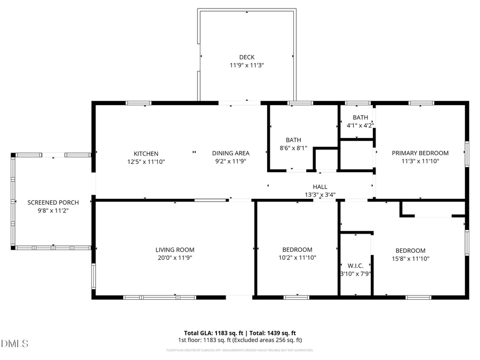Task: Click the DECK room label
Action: tap(246, 57)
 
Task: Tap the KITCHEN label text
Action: tap(146, 154)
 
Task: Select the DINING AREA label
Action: tap(230, 154)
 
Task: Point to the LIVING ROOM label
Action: tap(174, 250)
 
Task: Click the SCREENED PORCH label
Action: tap(53, 203)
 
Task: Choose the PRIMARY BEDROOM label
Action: tap(420, 153)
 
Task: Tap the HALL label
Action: tap(320, 187)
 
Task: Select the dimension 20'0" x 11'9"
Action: tap(174, 258)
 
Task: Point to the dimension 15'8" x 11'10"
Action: tap(410, 259)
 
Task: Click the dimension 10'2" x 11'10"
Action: tap(297, 258)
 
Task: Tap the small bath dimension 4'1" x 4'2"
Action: tap(360, 126)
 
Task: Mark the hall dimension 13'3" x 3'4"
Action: tap(320, 195)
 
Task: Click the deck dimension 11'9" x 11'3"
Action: tap(246, 65)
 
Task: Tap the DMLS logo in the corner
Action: tap(14, 343)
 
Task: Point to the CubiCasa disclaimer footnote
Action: tap(239, 350)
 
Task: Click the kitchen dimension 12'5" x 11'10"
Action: tap(146, 161)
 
